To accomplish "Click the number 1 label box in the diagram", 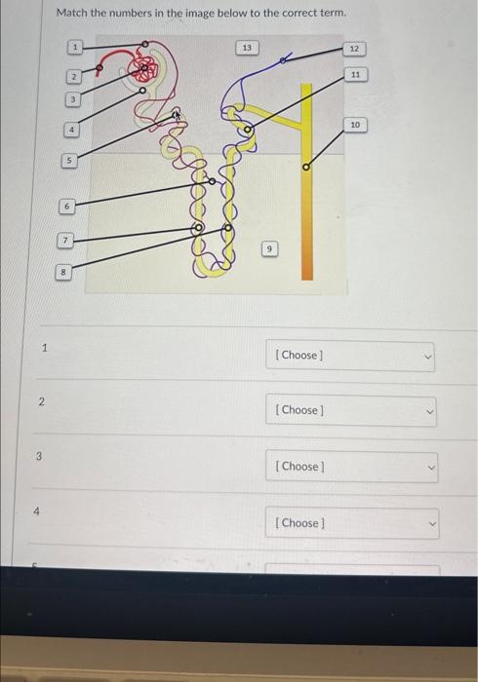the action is tap(75, 47).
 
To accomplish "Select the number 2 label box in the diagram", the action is tap(74, 77).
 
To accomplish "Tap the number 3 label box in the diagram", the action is tap(73, 99).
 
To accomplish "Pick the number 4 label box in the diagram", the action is tap(72, 130).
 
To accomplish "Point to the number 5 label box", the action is tap(69, 161).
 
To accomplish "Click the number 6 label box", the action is tap(66, 207).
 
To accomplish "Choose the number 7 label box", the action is tap(64, 240).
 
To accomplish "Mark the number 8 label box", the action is tap(63, 272).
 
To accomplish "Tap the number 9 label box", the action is tap(269, 249).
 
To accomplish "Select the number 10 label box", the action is tap(355, 125).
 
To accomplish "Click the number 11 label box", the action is tap(356, 74).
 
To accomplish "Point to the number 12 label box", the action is tap(354, 49).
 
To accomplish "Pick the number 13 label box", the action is tap(247, 48).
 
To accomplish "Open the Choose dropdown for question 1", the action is tap(350, 357).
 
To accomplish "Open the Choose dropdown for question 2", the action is tap(351, 411).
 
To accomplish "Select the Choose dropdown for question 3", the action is tap(352, 467).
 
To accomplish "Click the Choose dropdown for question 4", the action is tap(352, 523).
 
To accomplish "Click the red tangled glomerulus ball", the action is tap(142, 68).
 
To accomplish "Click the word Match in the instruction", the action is tap(72, 13).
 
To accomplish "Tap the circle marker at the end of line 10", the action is tap(306, 167).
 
